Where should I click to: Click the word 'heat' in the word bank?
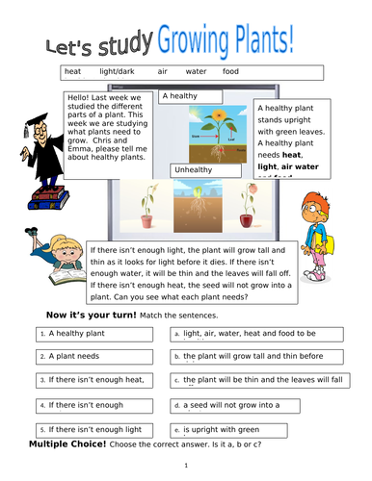[x=72, y=71]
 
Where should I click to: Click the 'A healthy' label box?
[x=190, y=96]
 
